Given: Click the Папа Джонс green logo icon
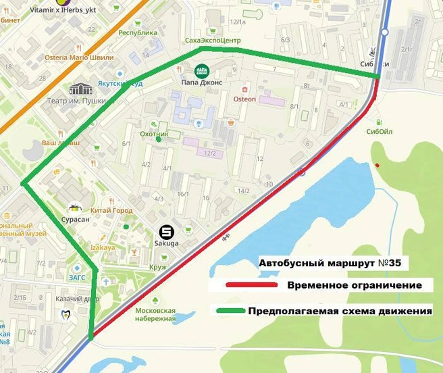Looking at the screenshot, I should [x=201, y=70].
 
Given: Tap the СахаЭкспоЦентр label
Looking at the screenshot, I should [x=213, y=41].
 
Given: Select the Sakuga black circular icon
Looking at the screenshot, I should [x=165, y=231].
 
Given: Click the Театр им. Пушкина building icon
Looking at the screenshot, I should [x=80, y=90].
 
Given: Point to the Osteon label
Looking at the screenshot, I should [x=244, y=99].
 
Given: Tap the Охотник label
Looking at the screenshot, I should [x=153, y=134].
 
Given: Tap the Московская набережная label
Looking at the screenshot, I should [x=155, y=314].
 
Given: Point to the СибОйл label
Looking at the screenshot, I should [x=379, y=131].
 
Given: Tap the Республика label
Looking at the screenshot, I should [x=138, y=32].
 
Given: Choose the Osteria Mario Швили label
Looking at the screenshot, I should [x=79, y=58].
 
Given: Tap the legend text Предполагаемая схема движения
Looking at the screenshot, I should [x=340, y=312].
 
